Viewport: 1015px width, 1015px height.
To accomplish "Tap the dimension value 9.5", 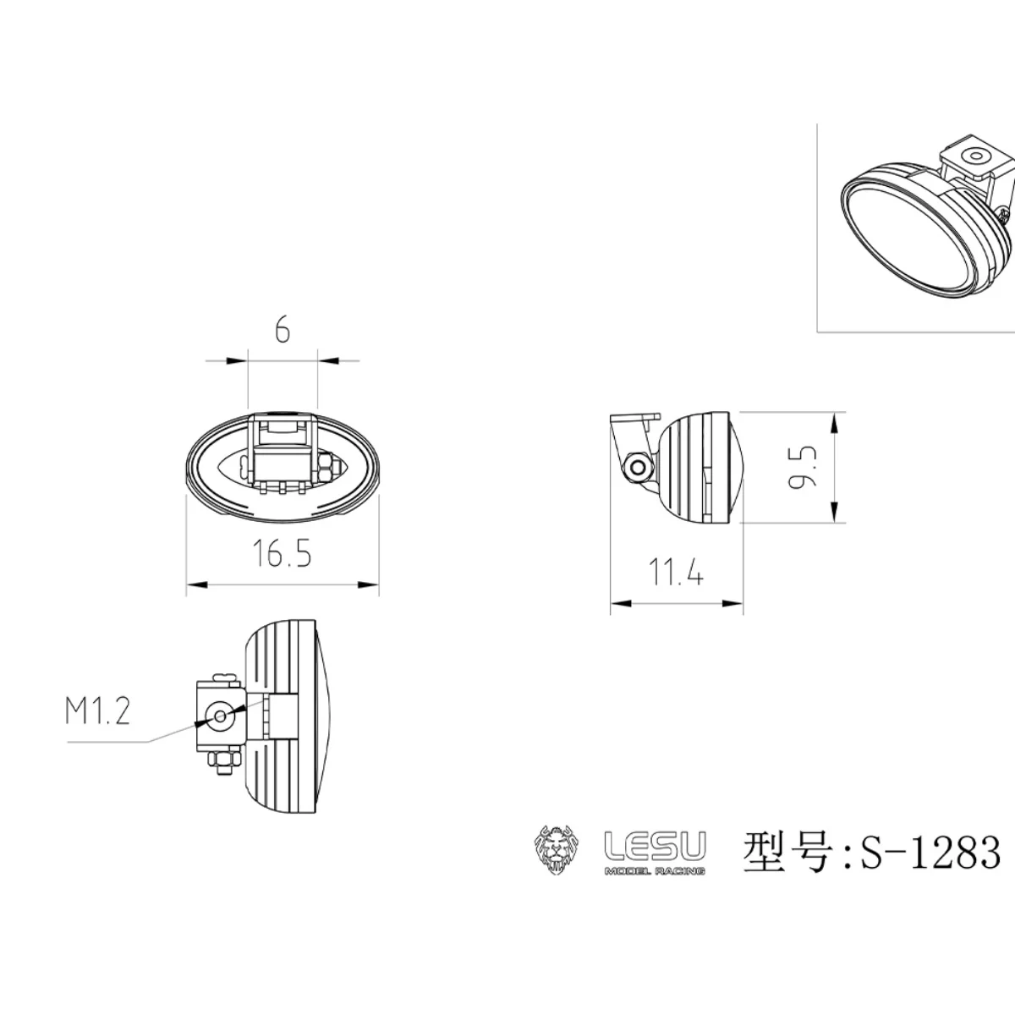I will click(804, 466).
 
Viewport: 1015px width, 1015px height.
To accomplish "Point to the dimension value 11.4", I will click(676, 574).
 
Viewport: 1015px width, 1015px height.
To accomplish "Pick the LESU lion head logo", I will click(555, 850).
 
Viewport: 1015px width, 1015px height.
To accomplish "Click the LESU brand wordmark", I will click(655, 844).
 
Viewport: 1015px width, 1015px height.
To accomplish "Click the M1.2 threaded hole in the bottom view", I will click(220, 716).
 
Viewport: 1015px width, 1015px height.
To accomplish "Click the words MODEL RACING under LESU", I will click(655, 870).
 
